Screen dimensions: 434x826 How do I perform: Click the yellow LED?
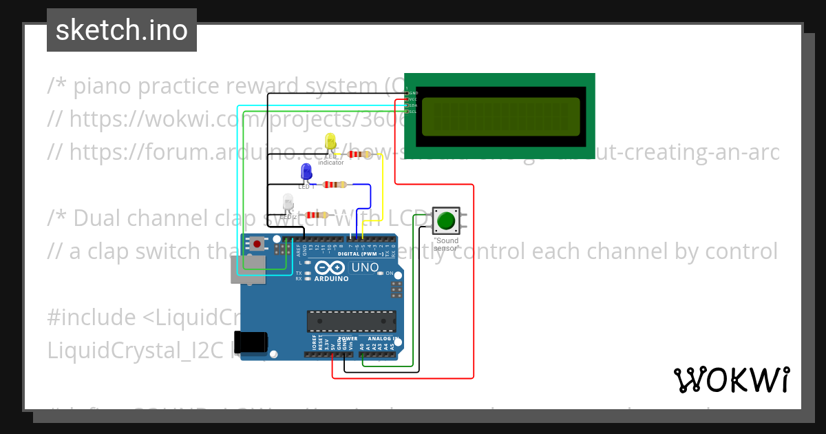(x=330, y=142)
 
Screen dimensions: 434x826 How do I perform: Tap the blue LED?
(x=306, y=172)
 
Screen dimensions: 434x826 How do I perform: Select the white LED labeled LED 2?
(x=288, y=203)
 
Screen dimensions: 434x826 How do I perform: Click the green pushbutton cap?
(x=446, y=220)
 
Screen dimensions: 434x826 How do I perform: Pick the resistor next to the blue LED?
(x=335, y=185)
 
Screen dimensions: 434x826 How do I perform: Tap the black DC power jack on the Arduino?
(x=249, y=342)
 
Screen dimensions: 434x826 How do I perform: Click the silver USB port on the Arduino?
(x=251, y=269)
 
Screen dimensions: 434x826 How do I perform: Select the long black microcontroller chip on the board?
(x=351, y=321)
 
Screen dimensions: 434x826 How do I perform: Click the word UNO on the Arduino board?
(x=365, y=267)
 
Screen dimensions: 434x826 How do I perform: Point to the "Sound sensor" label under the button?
(x=446, y=245)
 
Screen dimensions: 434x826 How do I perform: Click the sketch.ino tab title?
(x=122, y=30)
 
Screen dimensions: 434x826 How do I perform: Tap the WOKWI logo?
(x=731, y=380)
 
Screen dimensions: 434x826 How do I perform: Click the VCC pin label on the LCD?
(x=413, y=99)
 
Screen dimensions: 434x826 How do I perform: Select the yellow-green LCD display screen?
(x=500, y=116)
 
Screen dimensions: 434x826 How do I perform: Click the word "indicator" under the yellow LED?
(x=330, y=163)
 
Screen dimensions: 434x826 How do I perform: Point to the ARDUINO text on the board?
(x=331, y=278)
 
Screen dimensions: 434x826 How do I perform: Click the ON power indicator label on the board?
(x=390, y=273)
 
